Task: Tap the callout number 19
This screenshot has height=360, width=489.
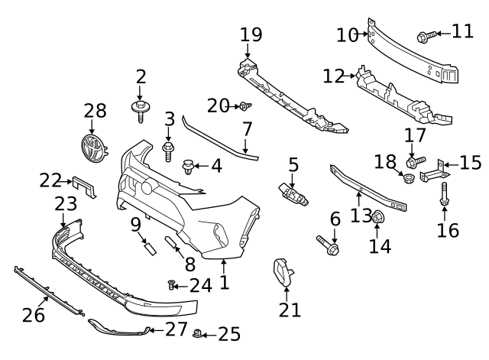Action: [250, 34]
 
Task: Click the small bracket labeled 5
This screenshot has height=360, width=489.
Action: [293, 193]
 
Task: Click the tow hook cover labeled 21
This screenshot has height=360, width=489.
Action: [284, 272]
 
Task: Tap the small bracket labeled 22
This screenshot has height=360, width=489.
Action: [84, 185]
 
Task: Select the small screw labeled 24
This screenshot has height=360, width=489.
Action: [172, 286]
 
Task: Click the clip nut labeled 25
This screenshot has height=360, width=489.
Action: [199, 333]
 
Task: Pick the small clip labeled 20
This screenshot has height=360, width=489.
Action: [244, 105]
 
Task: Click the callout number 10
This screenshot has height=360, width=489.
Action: [347, 35]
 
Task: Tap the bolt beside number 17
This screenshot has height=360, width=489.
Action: [415, 161]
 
